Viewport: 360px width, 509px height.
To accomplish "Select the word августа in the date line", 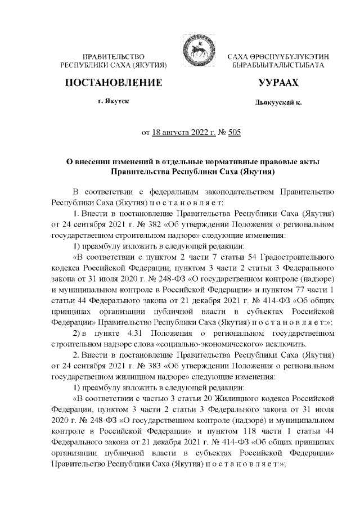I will tap(173, 133).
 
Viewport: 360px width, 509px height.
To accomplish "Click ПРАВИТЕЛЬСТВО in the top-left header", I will tap(114, 57).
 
